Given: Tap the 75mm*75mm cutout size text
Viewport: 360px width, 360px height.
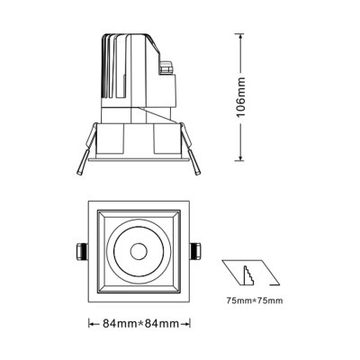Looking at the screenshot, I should pyautogui.click(x=253, y=300).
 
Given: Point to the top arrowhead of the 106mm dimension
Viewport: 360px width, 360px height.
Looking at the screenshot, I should pyautogui.click(x=240, y=37).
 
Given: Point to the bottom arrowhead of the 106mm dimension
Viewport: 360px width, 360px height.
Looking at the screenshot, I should pyautogui.click(x=240, y=159).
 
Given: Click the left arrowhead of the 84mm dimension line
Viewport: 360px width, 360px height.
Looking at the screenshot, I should pyautogui.click(x=91, y=323).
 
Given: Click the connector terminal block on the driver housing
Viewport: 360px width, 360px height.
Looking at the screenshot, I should pyautogui.click(x=166, y=66).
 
